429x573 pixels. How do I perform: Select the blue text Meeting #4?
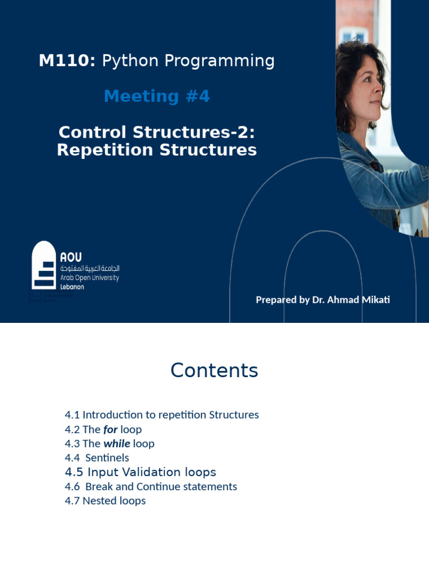(x=157, y=96)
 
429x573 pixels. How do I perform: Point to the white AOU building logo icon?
(x=44, y=265)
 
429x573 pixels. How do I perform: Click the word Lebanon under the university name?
(x=72, y=286)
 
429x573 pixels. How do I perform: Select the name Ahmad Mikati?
(x=359, y=299)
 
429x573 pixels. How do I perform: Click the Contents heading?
(x=214, y=370)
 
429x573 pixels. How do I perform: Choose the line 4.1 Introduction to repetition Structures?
(x=161, y=415)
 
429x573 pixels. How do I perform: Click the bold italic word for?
(x=110, y=429)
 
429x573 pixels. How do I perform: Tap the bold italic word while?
(x=117, y=444)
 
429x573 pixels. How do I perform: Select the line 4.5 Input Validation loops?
(x=140, y=472)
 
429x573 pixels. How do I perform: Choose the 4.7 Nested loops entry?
(x=105, y=501)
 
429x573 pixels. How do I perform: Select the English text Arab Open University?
(x=89, y=278)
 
